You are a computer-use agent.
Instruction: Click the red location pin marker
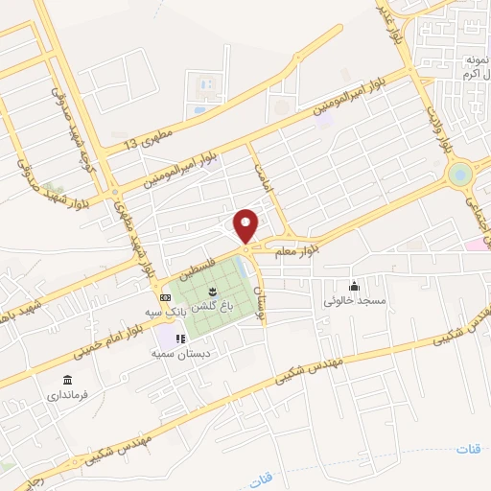coord(246,225)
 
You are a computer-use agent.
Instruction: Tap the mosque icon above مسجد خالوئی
coord(355,286)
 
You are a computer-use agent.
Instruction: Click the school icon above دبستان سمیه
coord(178,339)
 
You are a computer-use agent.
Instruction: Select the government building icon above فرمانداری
coord(67,381)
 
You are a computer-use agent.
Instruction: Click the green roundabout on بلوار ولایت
coord(460,175)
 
